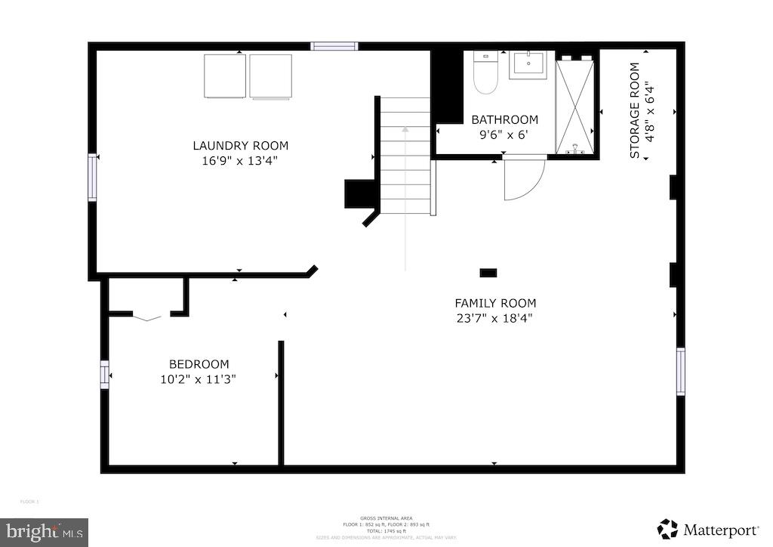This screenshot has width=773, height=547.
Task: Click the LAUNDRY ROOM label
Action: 240,146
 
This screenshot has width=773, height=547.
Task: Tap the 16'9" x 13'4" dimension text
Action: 240,160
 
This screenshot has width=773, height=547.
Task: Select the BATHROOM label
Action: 504,119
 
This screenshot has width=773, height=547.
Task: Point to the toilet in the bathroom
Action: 485,73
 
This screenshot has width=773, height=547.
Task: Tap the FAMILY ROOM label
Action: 495,304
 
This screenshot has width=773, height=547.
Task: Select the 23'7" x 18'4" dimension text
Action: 495,318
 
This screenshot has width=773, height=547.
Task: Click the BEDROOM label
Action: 199,364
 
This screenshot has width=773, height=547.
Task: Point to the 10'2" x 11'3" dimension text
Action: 199,379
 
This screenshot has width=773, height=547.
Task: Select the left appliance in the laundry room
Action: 224,76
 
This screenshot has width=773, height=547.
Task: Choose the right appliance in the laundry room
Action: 270,76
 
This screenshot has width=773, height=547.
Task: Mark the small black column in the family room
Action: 488,272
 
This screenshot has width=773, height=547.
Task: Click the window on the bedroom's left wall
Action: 105,374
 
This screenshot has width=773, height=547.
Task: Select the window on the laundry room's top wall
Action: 334,46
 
